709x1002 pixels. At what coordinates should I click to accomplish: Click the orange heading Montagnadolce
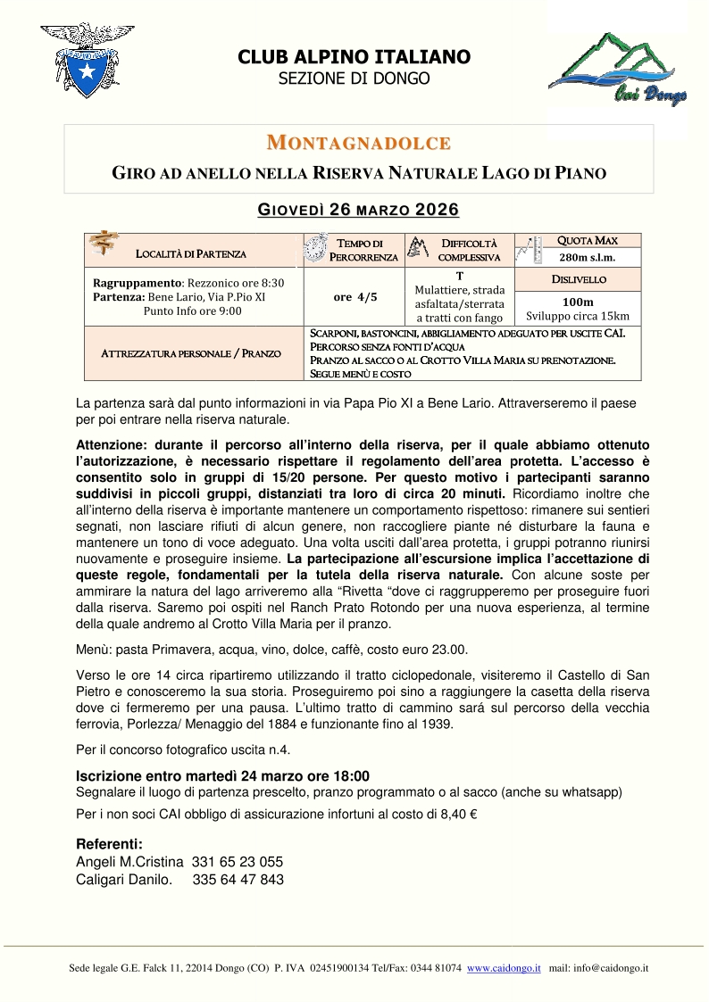coord(358,143)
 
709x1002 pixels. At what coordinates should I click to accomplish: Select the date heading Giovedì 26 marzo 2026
coord(358,211)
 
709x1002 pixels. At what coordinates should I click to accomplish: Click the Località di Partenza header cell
coord(191,254)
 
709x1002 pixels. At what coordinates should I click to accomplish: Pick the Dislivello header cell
coord(579,279)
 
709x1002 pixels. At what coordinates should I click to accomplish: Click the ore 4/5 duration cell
coord(354,297)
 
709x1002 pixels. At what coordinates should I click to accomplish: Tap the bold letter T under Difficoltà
coord(459,277)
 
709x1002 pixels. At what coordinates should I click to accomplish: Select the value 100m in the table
coord(578,302)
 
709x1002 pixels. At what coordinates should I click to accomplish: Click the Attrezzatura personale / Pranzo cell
coord(191,353)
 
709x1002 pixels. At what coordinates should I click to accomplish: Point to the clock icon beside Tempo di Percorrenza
coord(316,247)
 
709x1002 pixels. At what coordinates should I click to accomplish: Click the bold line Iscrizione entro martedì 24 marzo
coord(223,775)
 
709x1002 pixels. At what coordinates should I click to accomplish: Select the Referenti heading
coord(109,844)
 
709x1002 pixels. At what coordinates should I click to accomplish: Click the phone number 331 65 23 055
coord(238,862)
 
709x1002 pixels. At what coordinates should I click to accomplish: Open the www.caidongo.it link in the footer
coord(504,968)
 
